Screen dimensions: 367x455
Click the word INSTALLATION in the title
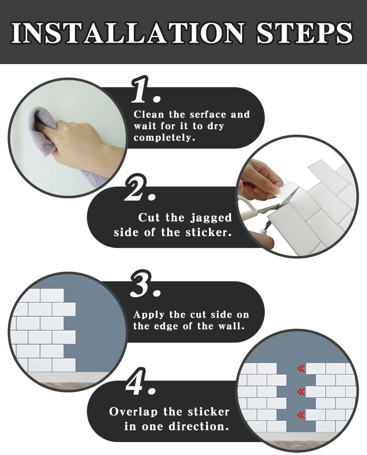[x=127, y=32]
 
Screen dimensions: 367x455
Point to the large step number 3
[x=145, y=284]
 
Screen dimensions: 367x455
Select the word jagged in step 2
[x=211, y=218]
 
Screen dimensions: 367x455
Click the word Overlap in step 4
[x=133, y=412]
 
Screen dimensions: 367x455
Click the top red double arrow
[x=301, y=369]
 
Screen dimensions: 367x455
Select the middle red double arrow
[x=301, y=392]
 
